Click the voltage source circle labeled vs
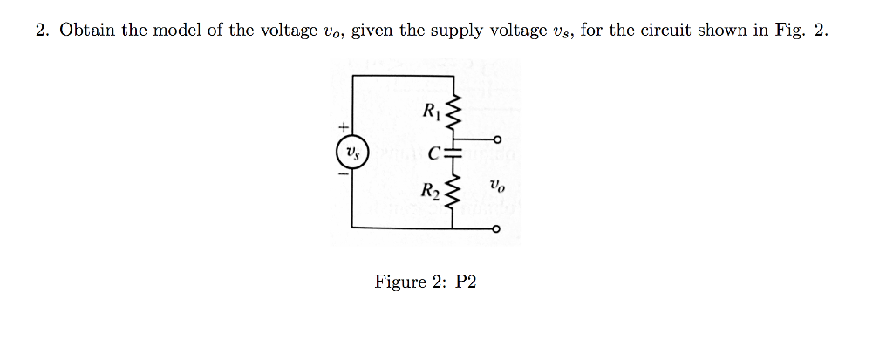351,152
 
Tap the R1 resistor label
430,111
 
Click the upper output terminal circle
497,139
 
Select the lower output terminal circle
497,229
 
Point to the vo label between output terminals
496,186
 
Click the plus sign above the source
344,128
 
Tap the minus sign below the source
344,174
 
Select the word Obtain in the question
88,31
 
